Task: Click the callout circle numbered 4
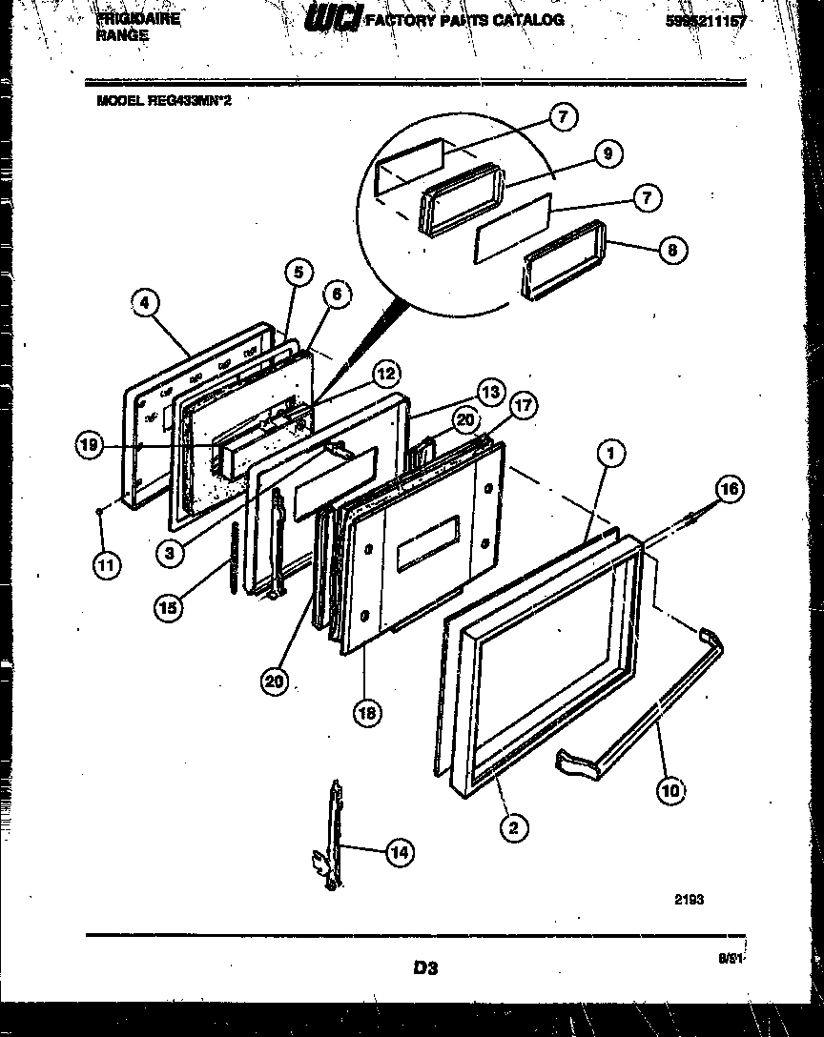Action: [143, 303]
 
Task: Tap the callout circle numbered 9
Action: [608, 152]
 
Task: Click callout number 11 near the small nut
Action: [106, 565]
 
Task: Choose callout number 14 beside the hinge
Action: [401, 854]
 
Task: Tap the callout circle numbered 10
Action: [670, 788]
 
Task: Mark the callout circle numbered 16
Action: [728, 490]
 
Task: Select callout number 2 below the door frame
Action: [514, 827]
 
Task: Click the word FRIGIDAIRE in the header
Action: [138, 17]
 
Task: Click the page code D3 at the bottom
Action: [425, 968]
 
